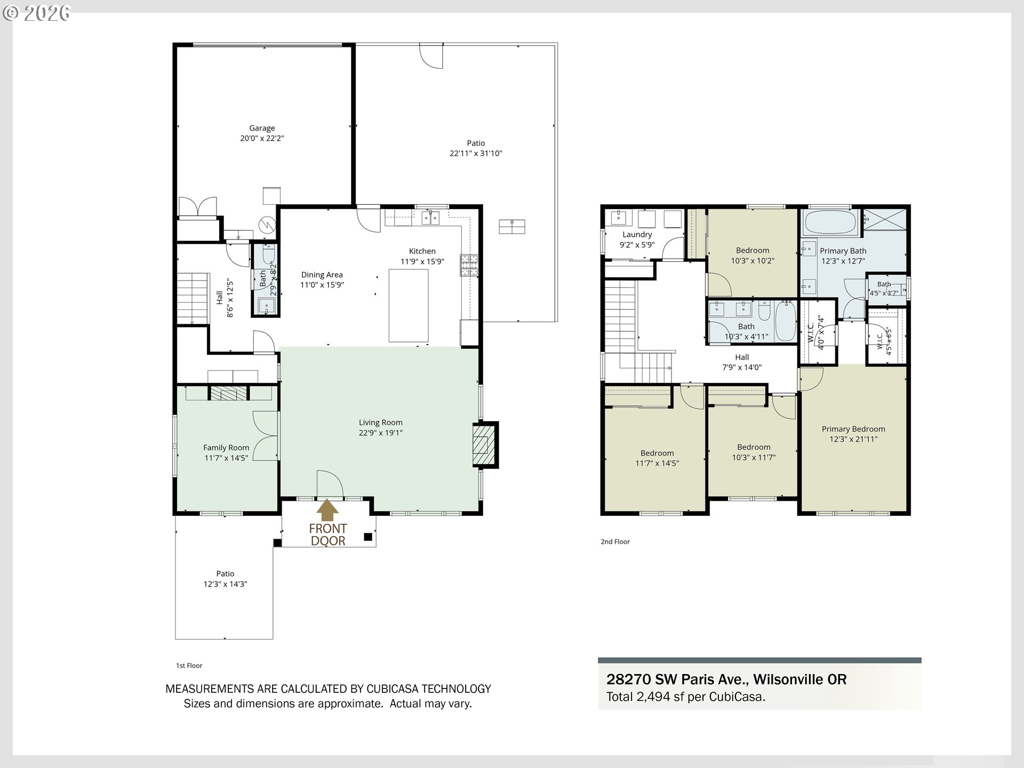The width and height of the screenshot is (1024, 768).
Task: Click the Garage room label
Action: point(262,128)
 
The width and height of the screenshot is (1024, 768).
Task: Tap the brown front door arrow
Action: point(327,510)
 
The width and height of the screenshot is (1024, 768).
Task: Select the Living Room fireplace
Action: point(485,445)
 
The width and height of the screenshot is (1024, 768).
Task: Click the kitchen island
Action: point(409,305)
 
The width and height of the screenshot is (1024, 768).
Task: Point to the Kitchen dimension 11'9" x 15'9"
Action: point(422,261)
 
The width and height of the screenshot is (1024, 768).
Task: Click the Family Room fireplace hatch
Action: point(229,394)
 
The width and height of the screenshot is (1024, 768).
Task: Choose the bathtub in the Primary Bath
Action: point(830,222)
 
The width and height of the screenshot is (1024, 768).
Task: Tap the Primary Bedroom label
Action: point(853,429)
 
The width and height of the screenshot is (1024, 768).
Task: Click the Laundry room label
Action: point(637,235)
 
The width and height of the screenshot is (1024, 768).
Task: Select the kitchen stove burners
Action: point(469,265)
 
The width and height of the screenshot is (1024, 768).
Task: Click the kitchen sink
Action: point(430,218)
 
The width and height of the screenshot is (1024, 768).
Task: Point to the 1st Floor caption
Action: point(189,666)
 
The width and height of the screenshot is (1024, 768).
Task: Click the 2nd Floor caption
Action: point(615,542)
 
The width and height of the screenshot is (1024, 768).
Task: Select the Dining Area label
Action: point(322,275)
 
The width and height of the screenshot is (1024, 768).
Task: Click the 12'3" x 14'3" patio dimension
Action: point(225,584)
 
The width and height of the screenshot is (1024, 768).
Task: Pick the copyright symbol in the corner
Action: point(10,13)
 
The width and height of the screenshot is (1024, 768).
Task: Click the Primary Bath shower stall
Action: point(885,219)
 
